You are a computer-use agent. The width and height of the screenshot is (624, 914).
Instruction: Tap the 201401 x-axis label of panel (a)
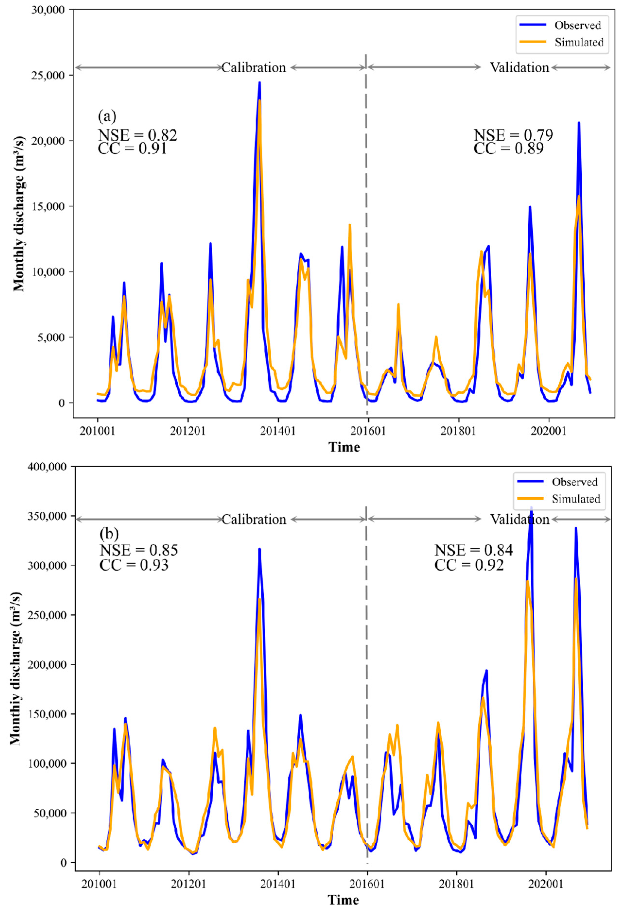tap(278, 432)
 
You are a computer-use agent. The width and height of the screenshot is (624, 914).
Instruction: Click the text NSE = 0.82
tap(137, 135)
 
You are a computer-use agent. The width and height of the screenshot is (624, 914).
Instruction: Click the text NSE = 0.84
tap(473, 550)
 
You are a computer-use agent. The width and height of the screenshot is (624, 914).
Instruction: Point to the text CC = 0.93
tap(134, 565)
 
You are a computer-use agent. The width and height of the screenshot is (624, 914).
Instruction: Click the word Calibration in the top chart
tap(254, 68)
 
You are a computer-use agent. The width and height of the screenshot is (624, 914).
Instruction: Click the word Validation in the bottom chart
tap(519, 520)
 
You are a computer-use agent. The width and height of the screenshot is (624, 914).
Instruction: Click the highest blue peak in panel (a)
tap(259, 83)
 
